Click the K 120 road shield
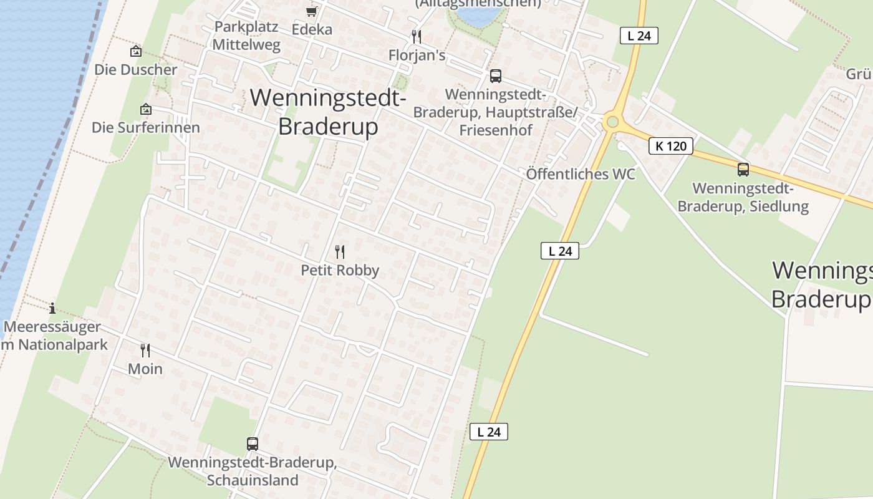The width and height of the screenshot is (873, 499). (671, 146)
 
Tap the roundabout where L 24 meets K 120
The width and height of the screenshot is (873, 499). (612, 122)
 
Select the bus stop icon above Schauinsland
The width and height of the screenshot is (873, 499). (252, 444)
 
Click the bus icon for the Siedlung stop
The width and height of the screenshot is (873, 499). (743, 169)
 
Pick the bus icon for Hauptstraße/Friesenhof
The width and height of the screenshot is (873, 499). (495, 76)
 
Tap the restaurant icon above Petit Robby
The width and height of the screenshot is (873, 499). (340, 252)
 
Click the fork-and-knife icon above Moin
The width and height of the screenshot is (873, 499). (145, 351)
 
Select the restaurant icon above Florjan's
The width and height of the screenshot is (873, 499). (417, 37)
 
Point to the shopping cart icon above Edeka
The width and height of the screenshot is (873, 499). (311, 11)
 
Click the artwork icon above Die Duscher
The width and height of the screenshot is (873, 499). (135, 51)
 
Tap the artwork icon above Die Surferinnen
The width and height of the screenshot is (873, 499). (145, 109)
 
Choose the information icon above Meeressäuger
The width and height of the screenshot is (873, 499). (52, 308)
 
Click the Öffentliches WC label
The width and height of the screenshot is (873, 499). (581, 174)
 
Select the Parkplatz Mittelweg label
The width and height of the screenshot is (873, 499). (246, 36)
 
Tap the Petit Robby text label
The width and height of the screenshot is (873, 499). (340, 270)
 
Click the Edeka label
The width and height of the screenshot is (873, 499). (312, 29)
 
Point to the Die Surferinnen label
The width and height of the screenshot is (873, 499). (146, 128)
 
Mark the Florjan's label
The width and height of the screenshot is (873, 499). (417, 56)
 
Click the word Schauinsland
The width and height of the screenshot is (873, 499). (252, 480)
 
